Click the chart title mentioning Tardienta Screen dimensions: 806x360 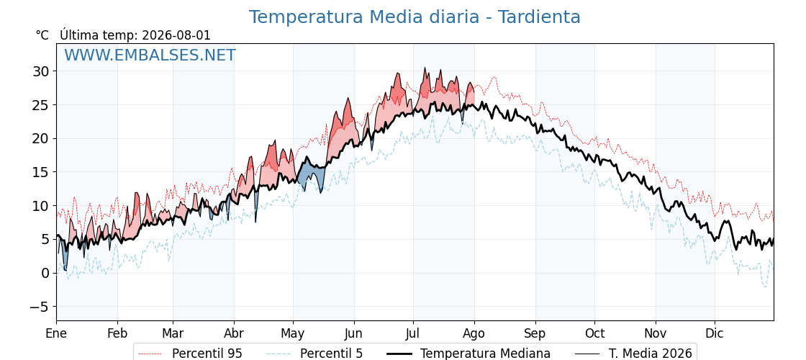coord(415,17)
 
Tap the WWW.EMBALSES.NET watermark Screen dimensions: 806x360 coord(150,55)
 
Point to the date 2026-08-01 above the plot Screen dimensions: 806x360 coord(176,35)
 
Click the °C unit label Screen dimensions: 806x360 coord(42,35)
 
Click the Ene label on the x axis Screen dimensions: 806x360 coord(56,333)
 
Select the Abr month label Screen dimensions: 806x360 coord(234,333)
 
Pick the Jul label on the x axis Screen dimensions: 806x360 coord(413,333)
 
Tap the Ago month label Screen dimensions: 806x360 coord(474,333)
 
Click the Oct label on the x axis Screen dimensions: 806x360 coord(594,333)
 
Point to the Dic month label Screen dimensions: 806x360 coord(715,333)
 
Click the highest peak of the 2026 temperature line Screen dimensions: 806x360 coord(425,68)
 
